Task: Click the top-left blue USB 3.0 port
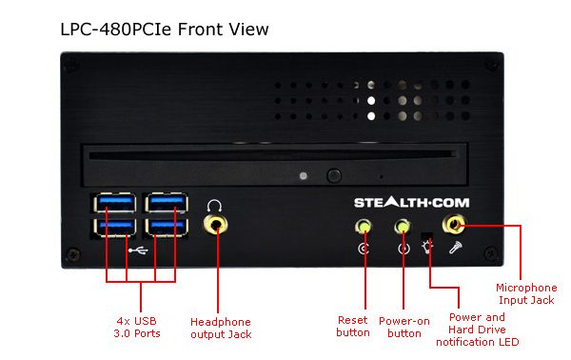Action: click(x=115, y=203)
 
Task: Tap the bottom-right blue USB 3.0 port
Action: click(x=167, y=228)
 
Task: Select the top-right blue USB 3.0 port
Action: click(x=167, y=203)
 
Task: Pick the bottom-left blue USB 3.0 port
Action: click(x=115, y=228)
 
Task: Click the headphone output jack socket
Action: click(x=216, y=225)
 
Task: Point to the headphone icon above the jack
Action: click(x=214, y=206)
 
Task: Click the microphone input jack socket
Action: click(x=454, y=224)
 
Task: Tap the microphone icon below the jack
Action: click(x=455, y=248)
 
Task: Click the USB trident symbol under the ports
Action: click(x=138, y=250)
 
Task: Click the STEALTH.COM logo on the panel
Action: click(x=411, y=202)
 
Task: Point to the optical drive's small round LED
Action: click(x=303, y=176)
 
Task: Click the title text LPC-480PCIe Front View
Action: click(x=165, y=30)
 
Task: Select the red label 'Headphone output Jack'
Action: click(x=221, y=328)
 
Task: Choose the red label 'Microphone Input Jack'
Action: click(x=526, y=293)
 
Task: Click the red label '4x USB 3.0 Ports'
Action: click(x=137, y=328)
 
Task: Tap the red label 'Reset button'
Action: click(x=353, y=327)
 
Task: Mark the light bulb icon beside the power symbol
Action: click(x=427, y=248)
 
